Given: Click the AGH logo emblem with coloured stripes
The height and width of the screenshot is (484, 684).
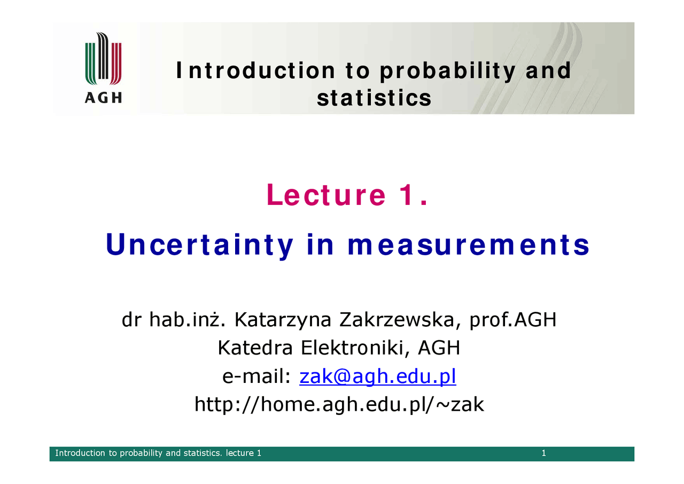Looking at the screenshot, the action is point(103,58).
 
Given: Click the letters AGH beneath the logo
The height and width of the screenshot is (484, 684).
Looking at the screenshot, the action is point(103,98).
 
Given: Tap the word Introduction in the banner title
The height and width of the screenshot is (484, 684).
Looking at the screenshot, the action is point(255,71).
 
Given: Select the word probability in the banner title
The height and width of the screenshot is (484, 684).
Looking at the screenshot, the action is point(448,71).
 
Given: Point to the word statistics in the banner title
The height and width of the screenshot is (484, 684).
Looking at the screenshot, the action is point(374,98).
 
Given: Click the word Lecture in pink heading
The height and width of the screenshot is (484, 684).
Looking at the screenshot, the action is point(327,195).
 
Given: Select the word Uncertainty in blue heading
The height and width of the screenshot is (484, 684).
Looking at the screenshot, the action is point(199,245).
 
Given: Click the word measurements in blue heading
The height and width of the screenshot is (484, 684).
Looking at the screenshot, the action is point(469,245).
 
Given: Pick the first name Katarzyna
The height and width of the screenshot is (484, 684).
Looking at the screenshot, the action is point(283,320).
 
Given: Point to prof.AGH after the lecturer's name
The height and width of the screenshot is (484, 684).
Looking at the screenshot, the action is point(513,320).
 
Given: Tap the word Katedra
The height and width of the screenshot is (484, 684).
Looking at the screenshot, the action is point(255,348).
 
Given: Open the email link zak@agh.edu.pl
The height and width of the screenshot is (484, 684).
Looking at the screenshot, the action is point(378,377).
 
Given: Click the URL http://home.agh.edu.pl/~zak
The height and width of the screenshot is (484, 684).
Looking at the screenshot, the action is point(339,404).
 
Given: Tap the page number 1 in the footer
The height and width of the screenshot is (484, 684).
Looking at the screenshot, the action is point(544,453).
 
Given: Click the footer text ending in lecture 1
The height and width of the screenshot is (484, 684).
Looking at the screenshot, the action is point(158,453).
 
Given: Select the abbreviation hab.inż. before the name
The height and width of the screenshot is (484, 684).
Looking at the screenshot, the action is point(187,320).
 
